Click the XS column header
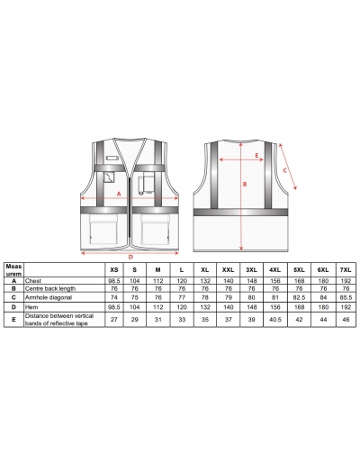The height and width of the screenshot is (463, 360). pyautogui.click(x=114, y=270)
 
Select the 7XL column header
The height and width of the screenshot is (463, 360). pyautogui.click(x=346, y=270)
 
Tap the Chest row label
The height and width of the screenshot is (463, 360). pyautogui.click(x=33, y=281)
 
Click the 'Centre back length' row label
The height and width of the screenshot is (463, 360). pyautogui.click(x=50, y=288)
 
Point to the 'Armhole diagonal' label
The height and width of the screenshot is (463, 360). pyautogui.click(x=49, y=297)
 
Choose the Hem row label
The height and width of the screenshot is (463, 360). pyautogui.click(x=31, y=307)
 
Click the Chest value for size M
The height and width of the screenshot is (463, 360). pyautogui.click(x=158, y=281)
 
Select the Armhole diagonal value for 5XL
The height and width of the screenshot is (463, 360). pyautogui.click(x=299, y=297)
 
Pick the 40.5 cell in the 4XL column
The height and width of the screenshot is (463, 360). pyautogui.click(x=275, y=320)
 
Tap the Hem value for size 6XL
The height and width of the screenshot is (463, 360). pyautogui.click(x=323, y=307)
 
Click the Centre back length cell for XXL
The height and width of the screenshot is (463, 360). pyautogui.click(x=229, y=288)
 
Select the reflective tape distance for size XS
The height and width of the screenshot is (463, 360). pyautogui.click(x=114, y=320)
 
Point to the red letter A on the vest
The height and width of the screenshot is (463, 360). pyautogui.click(x=119, y=195)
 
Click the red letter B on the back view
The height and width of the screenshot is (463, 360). pyautogui.click(x=245, y=184)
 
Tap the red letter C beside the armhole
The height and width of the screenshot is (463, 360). pyautogui.click(x=285, y=170)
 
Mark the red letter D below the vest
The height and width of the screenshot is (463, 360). pyautogui.click(x=130, y=257)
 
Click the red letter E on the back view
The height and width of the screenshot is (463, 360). pyautogui.click(x=256, y=156)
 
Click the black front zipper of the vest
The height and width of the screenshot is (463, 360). pyautogui.click(x=130, y=211)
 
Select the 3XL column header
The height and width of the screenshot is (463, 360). pyautogui.click(x=252, y=270)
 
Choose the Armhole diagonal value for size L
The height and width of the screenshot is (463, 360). pyautogui.click(x=182, y=297)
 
